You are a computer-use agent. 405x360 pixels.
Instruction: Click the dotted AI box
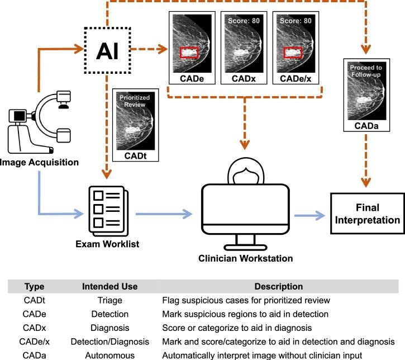(x=107, y=27)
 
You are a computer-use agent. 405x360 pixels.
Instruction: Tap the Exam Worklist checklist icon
(x=108, y=211)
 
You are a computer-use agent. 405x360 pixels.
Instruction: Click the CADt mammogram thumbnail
(x=135, y=121)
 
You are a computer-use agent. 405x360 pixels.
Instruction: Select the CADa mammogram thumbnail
(x=366, y=91)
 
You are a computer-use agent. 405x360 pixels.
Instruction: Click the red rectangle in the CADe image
(x=189, y=48)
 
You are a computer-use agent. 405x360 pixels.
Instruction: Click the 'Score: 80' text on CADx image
(x=244, y=21)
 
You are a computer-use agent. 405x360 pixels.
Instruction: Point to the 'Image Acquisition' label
(x=39, y=162)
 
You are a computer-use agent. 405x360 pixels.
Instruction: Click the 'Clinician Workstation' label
(x=245, y=258)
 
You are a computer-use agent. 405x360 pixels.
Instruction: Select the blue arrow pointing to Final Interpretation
(x=309, y=215)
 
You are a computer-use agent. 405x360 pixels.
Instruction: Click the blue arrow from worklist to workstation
(x=164, y=214)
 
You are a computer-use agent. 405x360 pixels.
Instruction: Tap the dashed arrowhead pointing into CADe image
(x=162, y=49)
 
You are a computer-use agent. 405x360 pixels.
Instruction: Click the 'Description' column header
(x=278, y=286)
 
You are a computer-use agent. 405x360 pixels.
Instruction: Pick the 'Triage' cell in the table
(x=110, y=300)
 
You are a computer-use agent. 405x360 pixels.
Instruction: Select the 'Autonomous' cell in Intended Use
(x=110, y=356)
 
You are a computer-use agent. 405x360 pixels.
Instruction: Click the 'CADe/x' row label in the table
(x=34, y=342)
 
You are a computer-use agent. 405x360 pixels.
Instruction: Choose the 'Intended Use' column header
(x=110, y=286)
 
